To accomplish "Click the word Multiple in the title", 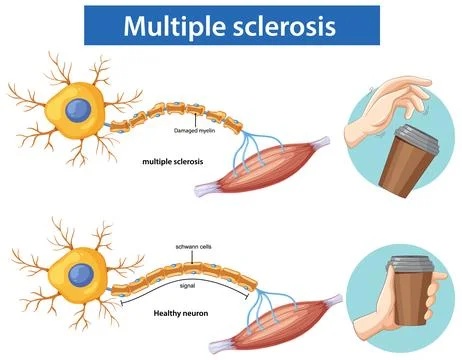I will pyautogui.click(x=174, y=26).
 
